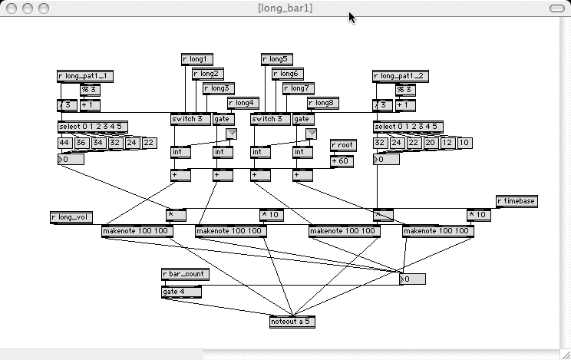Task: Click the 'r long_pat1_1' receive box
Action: click(85, 76)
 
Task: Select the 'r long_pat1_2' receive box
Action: click(401, 76)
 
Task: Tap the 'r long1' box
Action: click(197, 58)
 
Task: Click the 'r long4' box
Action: click(243, 102)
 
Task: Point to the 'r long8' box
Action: click(323, 102)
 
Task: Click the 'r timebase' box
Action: click(517, 201)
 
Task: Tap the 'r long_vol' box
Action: click(71, 217)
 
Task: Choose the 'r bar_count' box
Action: click(185, 274)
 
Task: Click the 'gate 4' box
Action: click(181, 292)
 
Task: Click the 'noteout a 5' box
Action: click(292, 322)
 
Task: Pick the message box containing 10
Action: click(465, 143)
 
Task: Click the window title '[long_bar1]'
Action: click(285, 8)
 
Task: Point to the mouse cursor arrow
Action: click(352, 17)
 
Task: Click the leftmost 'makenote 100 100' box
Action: click(137, 230)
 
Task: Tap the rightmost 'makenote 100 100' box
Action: click(438, 230)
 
